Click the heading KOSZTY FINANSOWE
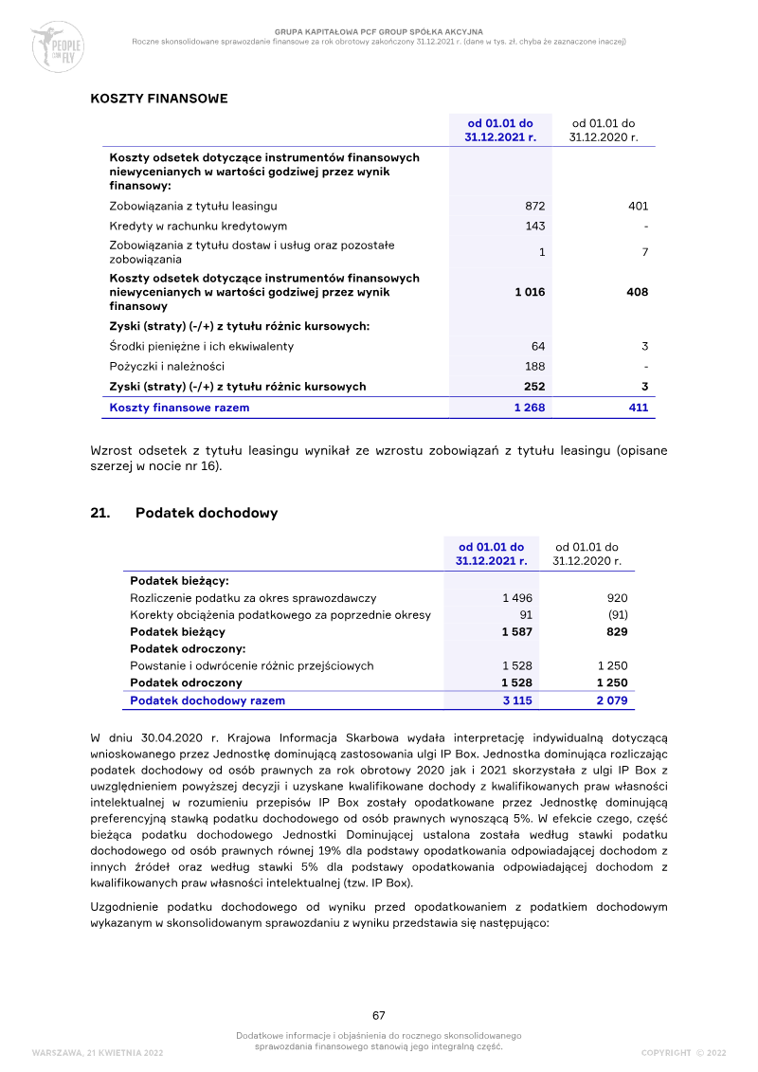click(158, 98)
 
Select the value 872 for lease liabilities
click(534, 206)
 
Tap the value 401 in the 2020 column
click(638, 206)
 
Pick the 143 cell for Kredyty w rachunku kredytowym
click(535, 227)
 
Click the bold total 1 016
click(530, 292)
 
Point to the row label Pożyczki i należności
click(167, 366)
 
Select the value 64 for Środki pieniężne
click(538, 346)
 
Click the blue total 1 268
click(530, 408)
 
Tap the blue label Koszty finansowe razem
click(179, 408)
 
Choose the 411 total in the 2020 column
click(638, 408)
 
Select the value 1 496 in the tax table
click(516, 598)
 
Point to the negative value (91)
click(617, 615)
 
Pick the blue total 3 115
click(516, 700)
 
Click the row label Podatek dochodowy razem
click(207, 700)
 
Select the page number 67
click(379, 1015)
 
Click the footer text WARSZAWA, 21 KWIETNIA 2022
click(98, 1052)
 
